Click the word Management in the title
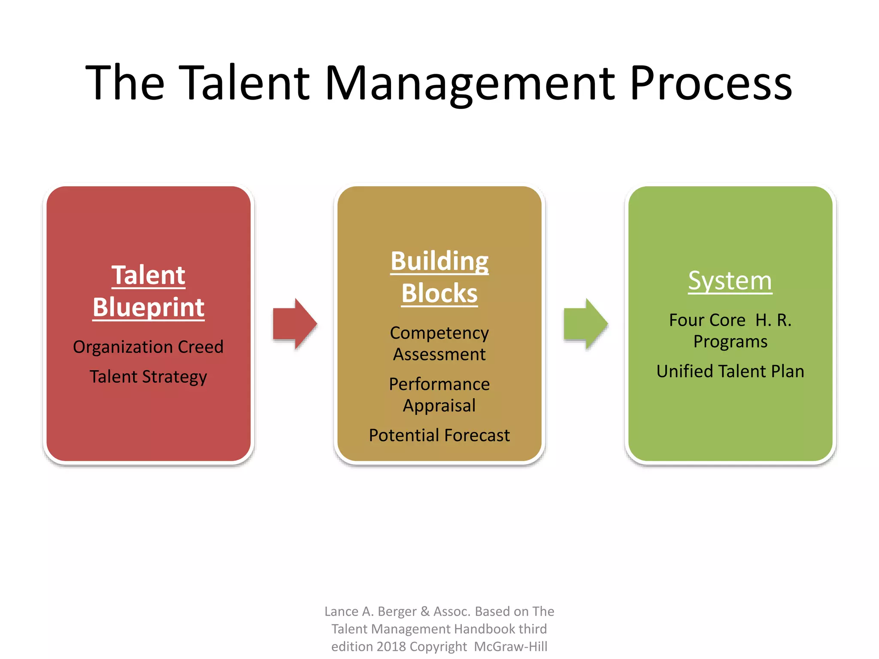point(470,84)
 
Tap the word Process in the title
point(710,84)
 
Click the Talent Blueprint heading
point(149,291)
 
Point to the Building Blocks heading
point(439,277)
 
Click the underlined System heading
point(730,281)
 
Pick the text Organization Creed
point(149,347)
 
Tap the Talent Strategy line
point(149,377)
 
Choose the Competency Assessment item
point(439,344)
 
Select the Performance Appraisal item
point(439,395)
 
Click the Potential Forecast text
point(439,435)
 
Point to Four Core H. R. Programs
point(730,331)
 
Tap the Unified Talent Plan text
point(730,372)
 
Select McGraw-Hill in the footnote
point(510,647)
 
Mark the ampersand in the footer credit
point(425,611)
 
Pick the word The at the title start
point(125,84)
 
